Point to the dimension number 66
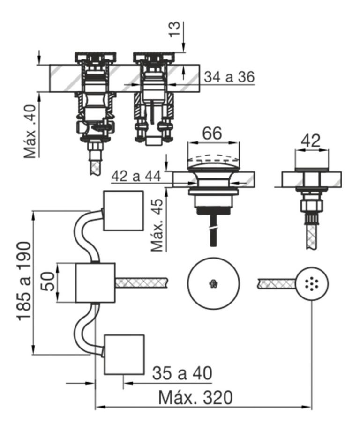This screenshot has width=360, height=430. [x=212, y=134]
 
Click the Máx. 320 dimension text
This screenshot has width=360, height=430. [x=195, y=398]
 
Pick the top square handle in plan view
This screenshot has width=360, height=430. [x=123, y=210]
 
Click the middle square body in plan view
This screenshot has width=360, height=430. [x=95, y=282]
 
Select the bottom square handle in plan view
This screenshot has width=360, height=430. [x=123, y=355]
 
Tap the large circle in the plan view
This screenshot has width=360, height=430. [x=213, y=282]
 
